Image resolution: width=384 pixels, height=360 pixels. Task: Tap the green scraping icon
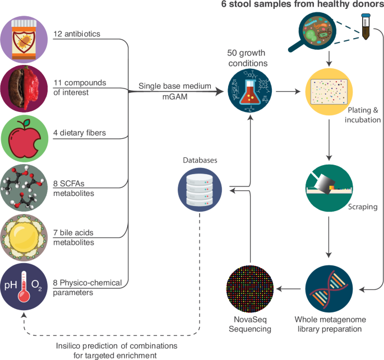point(329,187)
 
